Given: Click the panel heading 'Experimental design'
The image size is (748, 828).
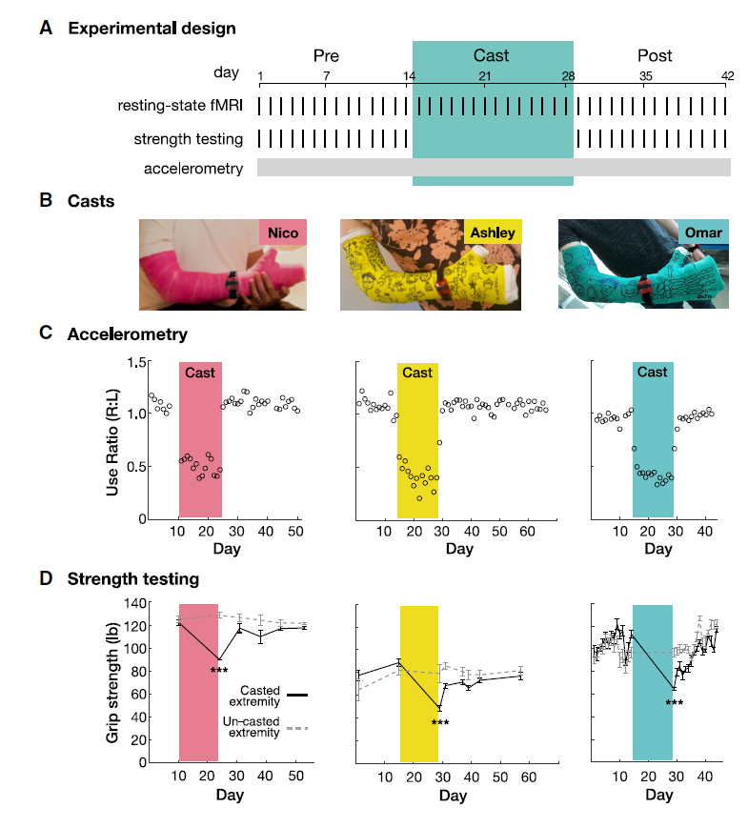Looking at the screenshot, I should click(x=152, y=29).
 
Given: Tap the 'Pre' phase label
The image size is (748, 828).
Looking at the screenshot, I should click(x=326, y=56).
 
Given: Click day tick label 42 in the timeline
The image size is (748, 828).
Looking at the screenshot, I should click(x=727, y=75).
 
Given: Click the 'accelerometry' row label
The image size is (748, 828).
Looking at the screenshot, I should click(x=193, y=169).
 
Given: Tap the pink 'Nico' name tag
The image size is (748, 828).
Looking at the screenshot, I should click(x=283, y=233).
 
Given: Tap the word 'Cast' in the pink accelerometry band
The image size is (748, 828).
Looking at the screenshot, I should click(x=200, y=373).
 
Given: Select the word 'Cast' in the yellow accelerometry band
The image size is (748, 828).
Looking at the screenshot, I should click(x=417, y=373).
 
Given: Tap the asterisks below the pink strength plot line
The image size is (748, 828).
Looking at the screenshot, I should click(x=219, y=672).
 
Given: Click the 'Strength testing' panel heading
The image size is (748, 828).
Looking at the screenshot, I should click(x=132, y=578).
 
